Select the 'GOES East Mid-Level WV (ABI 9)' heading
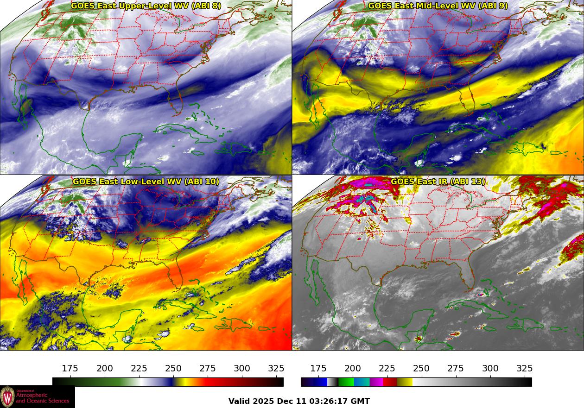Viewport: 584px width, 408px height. (438, 6)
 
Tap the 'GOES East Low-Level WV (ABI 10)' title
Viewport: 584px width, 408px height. (146, 182)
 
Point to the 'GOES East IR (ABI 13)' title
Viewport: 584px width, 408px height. (438, 182)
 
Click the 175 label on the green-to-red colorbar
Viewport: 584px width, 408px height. (70, 369)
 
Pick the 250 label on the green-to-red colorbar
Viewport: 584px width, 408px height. (173, 369)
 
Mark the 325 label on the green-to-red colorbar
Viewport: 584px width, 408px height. (276, 369)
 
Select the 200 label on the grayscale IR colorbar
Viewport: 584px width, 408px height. (353, 369)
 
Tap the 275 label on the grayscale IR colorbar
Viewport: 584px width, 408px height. (456, 369)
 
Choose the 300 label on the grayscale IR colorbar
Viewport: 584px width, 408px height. (490, 369)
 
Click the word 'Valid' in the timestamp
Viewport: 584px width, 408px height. (240, 401)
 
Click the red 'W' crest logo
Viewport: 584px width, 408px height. (7, 397)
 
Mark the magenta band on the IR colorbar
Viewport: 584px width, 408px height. (376, 382)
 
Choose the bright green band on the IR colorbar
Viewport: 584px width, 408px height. (346, 382)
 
